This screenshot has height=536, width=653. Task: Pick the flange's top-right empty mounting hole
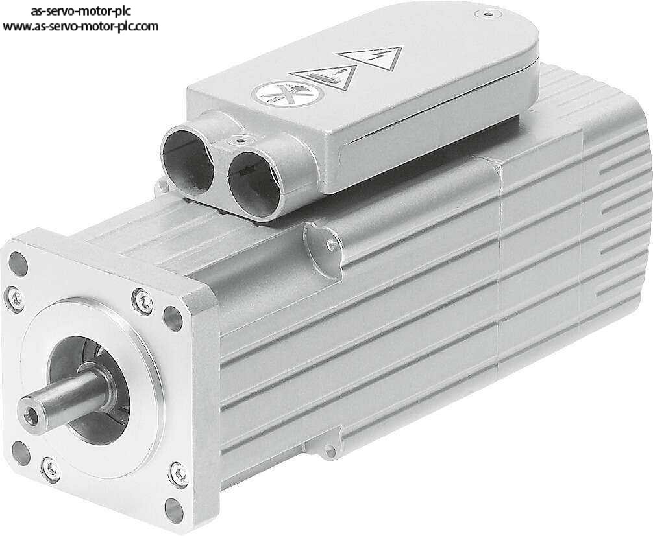(x=173, y=318)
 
